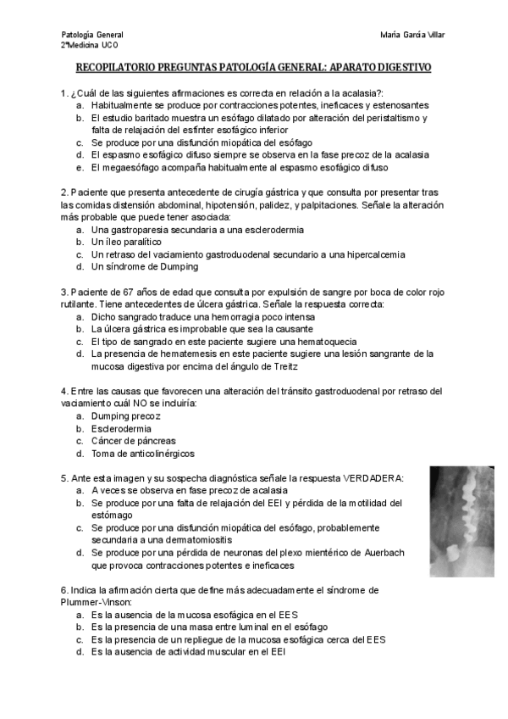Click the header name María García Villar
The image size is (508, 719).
(413, 34)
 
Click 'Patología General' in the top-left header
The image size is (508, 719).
(92, 34)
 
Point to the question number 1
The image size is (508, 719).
(64, 92)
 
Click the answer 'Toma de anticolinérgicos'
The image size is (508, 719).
(142, 454)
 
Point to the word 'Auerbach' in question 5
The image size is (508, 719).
(382, 552)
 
